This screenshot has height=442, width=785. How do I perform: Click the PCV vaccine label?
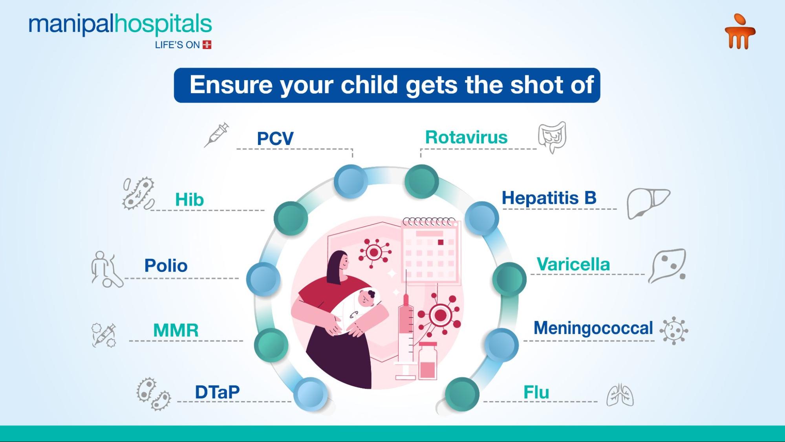275,138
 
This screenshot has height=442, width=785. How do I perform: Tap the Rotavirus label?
466,137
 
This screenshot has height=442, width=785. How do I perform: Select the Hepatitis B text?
549,198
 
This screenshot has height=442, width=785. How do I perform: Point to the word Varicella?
573,264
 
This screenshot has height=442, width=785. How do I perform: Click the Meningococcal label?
593,328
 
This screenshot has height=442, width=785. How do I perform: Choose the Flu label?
536,392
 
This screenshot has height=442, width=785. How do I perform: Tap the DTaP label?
217,392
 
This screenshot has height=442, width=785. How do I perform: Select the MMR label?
176,330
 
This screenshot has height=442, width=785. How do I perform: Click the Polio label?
166,266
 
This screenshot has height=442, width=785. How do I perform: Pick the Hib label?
189,200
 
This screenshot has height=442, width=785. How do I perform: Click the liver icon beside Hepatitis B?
648,203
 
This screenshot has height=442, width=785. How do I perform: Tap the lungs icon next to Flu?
620,395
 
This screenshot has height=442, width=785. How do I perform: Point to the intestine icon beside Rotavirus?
552,137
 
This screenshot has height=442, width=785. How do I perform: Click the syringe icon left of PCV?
216,135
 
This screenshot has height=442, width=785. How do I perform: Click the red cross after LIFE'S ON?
207,45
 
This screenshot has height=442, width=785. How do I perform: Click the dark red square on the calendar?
441,242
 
